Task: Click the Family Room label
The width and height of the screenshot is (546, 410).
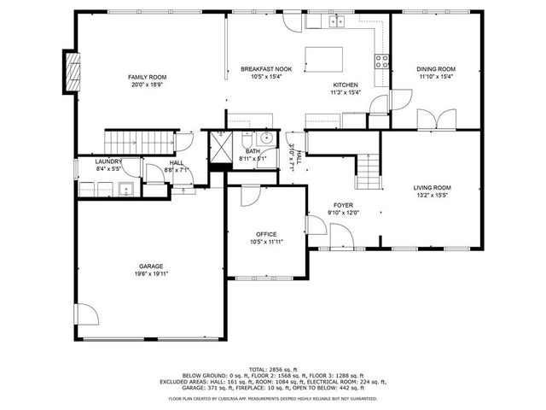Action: tap(148, 77)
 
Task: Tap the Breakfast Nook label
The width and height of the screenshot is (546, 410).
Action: tap(265, 69)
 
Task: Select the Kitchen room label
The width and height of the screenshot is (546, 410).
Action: tap(345, 85)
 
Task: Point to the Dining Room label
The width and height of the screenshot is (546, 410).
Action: tap(436, 69)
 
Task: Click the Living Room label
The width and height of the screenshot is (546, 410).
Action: tap(433, 188)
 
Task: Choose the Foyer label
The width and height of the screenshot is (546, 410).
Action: tap(343, 205)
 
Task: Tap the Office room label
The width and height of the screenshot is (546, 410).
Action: tap(266, 234)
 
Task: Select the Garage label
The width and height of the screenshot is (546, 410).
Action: tap(152, 266)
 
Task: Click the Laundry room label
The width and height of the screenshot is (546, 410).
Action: tap(108, 161)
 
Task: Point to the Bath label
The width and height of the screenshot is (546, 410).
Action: tap(253, 151)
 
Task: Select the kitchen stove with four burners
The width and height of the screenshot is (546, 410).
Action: tap(382, 60)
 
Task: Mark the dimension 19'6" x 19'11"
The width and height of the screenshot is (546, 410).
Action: tap(152, 273)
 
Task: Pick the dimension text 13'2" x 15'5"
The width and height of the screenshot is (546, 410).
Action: tap(433, 196)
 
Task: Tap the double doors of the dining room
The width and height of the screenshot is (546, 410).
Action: tap(436, 120)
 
